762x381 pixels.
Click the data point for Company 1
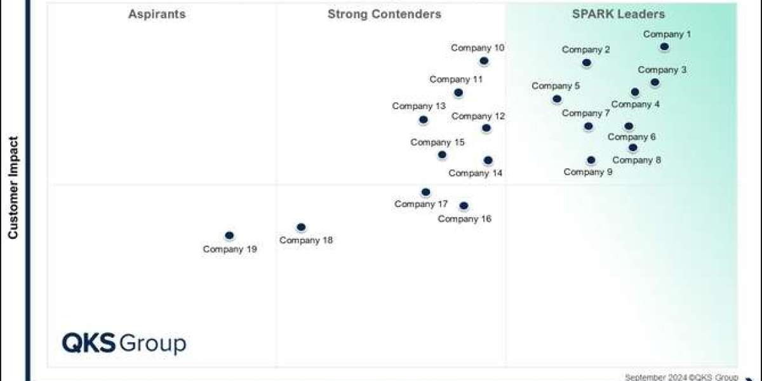(664, 46)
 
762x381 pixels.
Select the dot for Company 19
(229, 236)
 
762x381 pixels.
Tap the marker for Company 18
(301, 227)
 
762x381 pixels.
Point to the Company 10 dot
(484, 61)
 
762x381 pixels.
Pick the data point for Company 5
(557, 99)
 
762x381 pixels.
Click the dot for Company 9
(591, 160)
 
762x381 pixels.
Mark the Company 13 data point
(424, 120)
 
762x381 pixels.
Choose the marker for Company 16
(464, 206)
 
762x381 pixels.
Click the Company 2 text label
(586, 50)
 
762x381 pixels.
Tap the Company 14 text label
(476, 173)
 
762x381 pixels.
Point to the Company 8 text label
(637, 160)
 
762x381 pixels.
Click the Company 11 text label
(456, 79)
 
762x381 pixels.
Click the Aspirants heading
(157, 14)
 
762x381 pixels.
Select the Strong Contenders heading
(384, 14)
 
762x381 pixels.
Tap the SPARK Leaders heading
(618, 14)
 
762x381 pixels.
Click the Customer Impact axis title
(13, 188)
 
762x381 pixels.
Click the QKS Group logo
(124, 344)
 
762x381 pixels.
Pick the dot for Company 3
(655, 83)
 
